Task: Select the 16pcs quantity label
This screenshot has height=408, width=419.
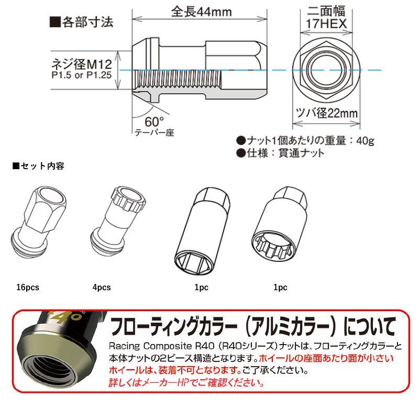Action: click(x=28, y=287)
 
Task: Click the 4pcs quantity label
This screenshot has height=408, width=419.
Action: click(x=102, y=287)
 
